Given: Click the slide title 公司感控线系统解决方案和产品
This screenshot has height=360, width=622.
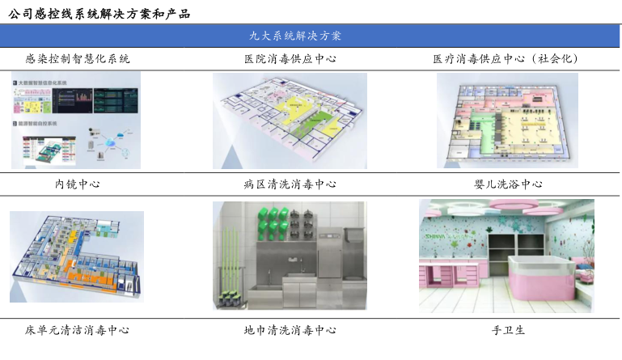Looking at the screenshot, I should [98, 12].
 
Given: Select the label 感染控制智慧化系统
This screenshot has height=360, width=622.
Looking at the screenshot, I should [78, 58].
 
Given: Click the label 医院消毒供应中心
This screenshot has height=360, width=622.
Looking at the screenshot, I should [290, 58].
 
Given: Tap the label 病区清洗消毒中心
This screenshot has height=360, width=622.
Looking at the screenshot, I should [290, 184].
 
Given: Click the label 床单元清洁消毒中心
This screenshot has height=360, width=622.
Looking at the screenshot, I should [77, 330].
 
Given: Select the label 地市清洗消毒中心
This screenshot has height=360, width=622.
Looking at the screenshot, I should [290, 330].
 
